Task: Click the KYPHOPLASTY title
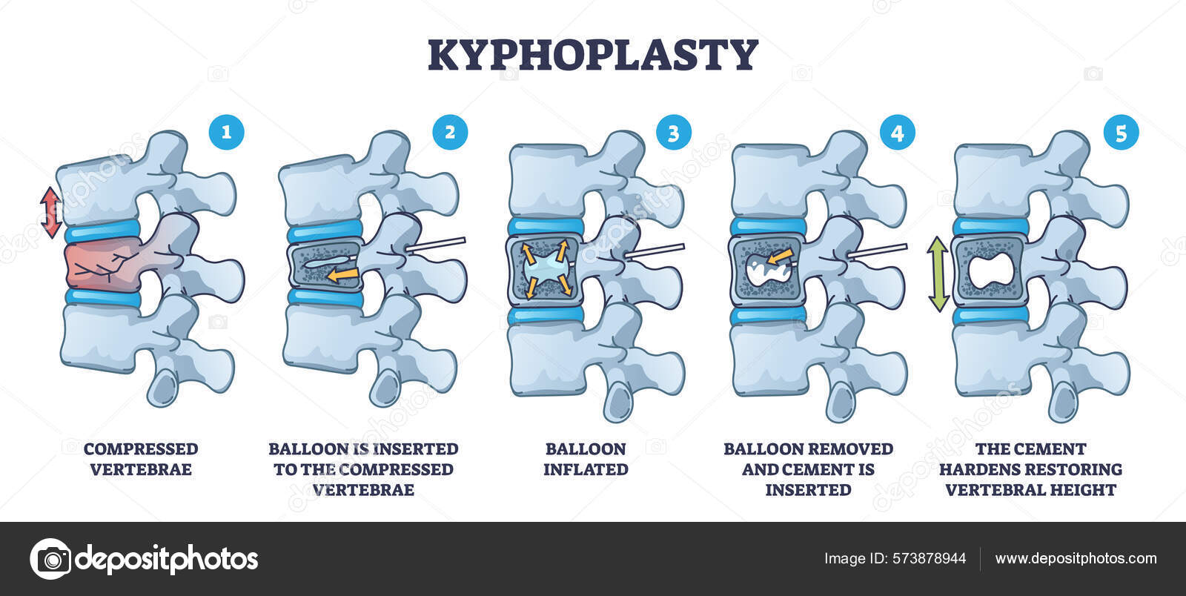coord(593,55)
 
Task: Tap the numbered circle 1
coord(226,133)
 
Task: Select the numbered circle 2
coord(450,133)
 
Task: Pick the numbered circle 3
coord(673,133)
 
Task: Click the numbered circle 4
coord(897,133)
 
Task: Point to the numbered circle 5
coord(1120,133)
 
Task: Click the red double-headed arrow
coord(50,212)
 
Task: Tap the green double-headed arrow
coord(938,274)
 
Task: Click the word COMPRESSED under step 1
coord(141,448)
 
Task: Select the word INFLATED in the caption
coord(586,469)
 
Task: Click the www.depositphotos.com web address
coord(1076,559)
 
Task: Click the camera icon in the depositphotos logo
coord(50,558)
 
